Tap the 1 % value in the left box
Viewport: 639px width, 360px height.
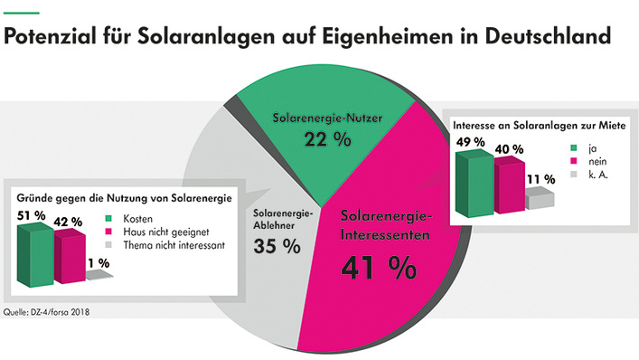(99, 262)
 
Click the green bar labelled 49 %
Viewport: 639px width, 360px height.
(475, 185)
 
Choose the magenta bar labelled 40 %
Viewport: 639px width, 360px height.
(509, 188)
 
